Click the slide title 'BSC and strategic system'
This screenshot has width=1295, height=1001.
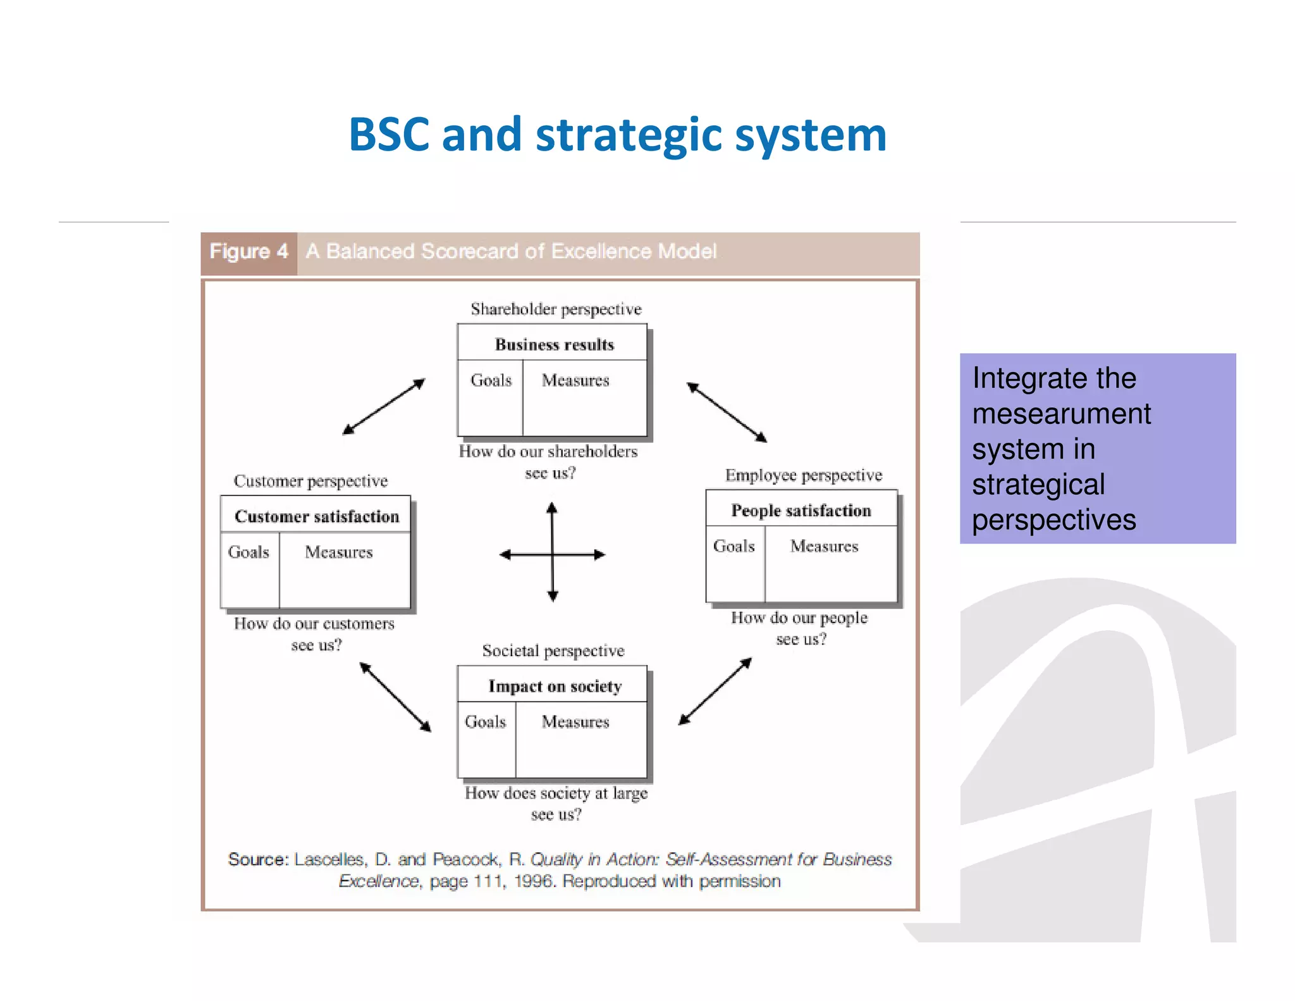(x=618, y=135)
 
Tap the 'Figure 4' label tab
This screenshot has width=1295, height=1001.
(x=249, y=252)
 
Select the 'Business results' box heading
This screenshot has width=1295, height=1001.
(x=554, y=344)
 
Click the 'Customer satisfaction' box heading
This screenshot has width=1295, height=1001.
(x=317, y=516)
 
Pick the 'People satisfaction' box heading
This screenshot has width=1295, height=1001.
(x=801, y=511)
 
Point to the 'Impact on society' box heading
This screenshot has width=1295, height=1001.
(x=555, y=687)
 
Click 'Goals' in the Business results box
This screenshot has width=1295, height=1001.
(x=491, y=380)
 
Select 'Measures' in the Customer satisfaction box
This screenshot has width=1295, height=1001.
(x=339, y=552)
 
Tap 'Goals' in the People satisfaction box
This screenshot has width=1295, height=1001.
(x=733, y=546)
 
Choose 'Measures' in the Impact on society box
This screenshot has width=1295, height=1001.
(x=575, y=722)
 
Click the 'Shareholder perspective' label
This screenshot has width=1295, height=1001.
(x=556, y=309)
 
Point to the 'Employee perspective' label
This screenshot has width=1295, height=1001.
(x=803, y=475)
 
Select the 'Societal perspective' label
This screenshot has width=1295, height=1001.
(x=553, y=650)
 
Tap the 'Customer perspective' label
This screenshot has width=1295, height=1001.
(x=310, y=481)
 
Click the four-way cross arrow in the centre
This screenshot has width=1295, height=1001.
(x=553, y=554)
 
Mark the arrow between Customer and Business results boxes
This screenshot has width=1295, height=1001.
(x=384, y=406)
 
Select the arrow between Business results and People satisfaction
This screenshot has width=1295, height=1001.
(x=727, y=412)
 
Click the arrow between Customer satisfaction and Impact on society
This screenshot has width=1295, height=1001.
(x=395, y=697)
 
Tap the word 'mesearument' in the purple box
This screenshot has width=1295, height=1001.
(x=1061, y=414)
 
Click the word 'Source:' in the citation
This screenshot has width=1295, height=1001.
(x=258, y=859)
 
